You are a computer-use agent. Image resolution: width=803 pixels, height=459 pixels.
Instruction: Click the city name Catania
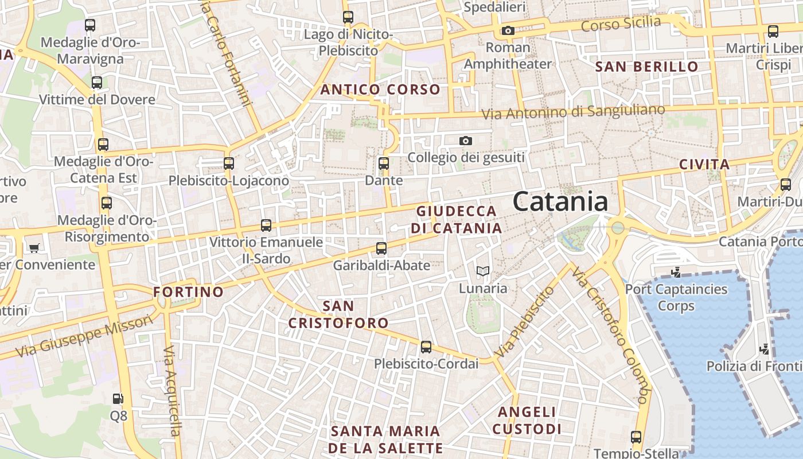[560, 201]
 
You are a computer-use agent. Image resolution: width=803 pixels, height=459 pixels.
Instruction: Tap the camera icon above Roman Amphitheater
[508, 30]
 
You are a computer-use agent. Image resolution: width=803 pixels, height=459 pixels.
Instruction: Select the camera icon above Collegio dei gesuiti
[466, 141]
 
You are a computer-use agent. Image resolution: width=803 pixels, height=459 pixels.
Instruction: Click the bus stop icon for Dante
[384, 164]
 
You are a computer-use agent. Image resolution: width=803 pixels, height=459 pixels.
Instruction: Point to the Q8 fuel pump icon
[118, 398]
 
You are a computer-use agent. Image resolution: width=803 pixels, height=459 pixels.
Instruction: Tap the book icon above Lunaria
[483, 271]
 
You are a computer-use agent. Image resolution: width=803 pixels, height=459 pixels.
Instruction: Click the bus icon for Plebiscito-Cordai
[426, 347]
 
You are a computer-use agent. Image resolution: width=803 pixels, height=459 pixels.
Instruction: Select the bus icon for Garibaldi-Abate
[381, 248]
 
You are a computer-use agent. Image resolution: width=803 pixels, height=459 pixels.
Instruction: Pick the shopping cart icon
[34, 248]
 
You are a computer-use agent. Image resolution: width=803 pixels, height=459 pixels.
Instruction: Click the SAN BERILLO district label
[646, 67]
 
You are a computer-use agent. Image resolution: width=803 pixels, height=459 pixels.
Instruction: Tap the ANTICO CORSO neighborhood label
[380, 90]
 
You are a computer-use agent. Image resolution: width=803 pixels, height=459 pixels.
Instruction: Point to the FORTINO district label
[188, 292]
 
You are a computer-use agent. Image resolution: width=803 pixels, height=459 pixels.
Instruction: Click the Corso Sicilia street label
[621, 24]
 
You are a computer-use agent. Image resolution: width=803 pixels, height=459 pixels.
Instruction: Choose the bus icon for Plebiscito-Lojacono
[229, 164]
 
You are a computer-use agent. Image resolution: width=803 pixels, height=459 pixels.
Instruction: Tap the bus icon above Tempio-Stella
[636, 437]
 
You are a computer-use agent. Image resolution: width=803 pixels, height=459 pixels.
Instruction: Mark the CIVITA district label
[704, 165]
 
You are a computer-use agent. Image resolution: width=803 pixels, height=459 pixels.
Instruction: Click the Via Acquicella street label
[171, 390]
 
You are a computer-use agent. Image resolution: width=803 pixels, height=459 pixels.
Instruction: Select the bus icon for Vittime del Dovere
[97, 83]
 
